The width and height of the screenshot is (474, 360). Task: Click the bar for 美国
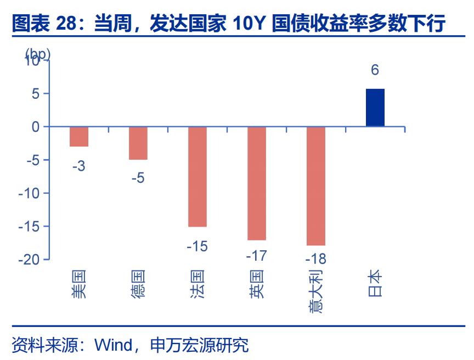[x=79, y=137]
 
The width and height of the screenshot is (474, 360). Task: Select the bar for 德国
[x=138, y=143]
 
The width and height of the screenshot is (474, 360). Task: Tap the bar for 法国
[x=198, y=177]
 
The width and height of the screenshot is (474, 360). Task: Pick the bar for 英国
[x=257, y=183]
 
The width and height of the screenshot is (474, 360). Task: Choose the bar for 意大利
[x=316, y=186]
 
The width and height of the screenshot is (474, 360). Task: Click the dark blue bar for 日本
[x=375, y=108]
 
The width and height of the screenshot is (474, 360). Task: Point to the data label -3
[x=79, y=166]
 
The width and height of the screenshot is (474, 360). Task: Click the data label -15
[x=198, y=246]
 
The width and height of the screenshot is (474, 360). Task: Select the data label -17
[x=257, y=256]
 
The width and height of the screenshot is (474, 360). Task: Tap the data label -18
[x=316, y=258]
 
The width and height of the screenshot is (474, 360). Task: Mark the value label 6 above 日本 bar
[x=375, y=70]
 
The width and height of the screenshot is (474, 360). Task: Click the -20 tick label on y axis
[x=29, y=260]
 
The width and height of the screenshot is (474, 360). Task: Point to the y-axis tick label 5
[x=36, y=94]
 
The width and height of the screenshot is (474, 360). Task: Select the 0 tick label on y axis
[x=36, y=127]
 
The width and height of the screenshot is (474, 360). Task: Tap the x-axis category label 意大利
[x=315, y=291]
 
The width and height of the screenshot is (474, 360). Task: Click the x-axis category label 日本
[x=375, y=283]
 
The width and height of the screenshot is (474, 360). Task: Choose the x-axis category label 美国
[x=79, y=284]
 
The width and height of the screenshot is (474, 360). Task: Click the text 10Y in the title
[x=249, y=23]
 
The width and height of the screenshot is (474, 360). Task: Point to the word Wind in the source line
[x=114, y=345]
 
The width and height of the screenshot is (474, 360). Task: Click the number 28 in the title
[x=66, y=23]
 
